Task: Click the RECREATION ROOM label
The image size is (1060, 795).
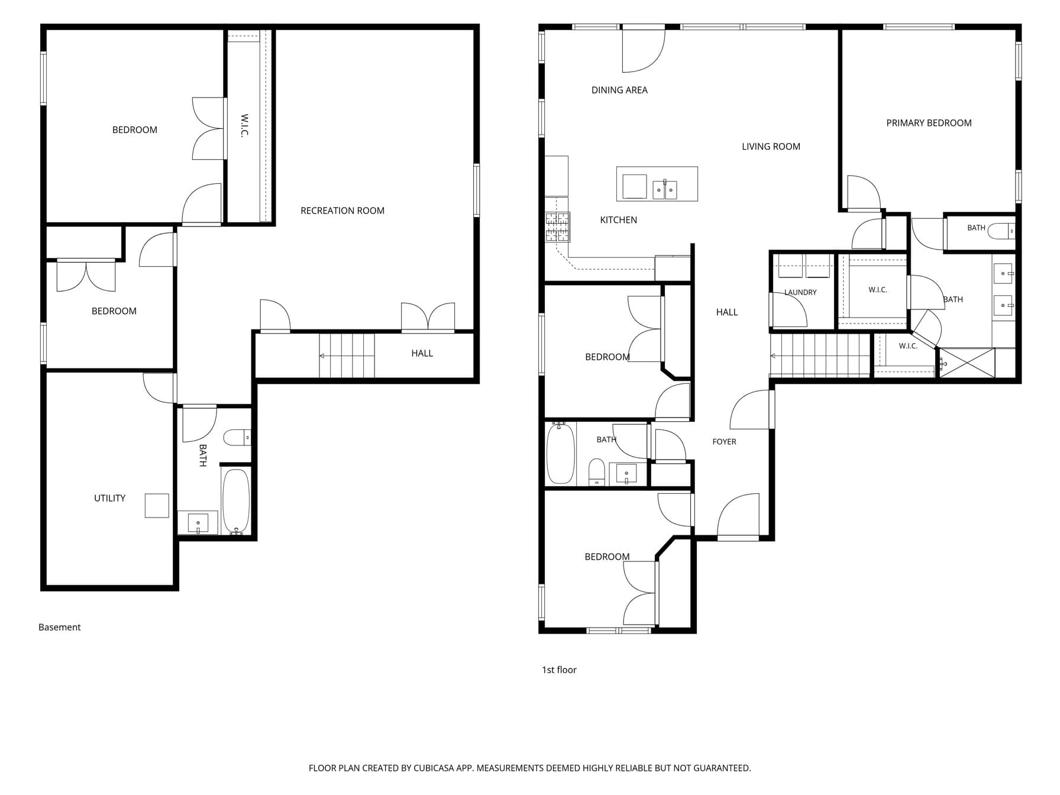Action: coord(342,211)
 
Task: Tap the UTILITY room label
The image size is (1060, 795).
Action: coord(109,498)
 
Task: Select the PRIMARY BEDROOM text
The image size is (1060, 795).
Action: coord(929,123)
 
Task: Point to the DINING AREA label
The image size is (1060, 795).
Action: coord(619,90)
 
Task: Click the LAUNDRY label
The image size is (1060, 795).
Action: coord(800,292)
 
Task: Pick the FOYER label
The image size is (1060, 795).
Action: coord(724,442)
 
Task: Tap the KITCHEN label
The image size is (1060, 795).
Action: coord(618,220)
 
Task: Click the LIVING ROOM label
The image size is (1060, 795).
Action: coord(771,147)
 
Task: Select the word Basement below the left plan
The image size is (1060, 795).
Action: coord(59,627)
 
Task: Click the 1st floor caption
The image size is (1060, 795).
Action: coord(559,670)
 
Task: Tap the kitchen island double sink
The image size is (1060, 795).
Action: coord(665,190)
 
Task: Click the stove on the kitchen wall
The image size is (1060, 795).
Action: coord(557,227)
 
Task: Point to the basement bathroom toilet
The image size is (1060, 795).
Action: coord(237,437)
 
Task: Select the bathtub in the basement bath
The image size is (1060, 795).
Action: coord(236,502)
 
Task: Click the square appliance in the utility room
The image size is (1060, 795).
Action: coord(157,506)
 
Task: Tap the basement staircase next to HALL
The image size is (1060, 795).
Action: coord(347,356)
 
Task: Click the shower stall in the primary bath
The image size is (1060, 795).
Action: coord(967,363)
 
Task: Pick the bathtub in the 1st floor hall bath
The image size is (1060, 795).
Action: coord(560,453)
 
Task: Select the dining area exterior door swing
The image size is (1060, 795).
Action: coord(644,51)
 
